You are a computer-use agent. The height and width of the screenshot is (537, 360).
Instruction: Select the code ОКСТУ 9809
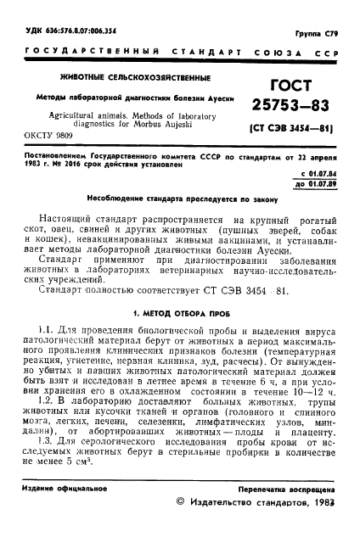tap(42, 134)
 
